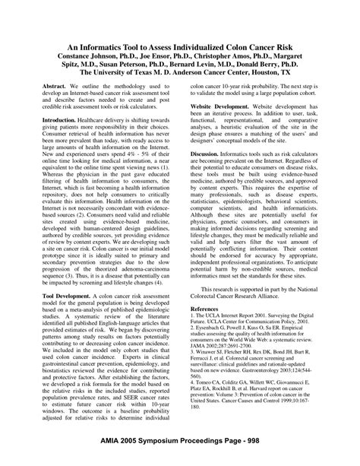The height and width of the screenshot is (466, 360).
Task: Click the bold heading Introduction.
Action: [59, 120]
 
